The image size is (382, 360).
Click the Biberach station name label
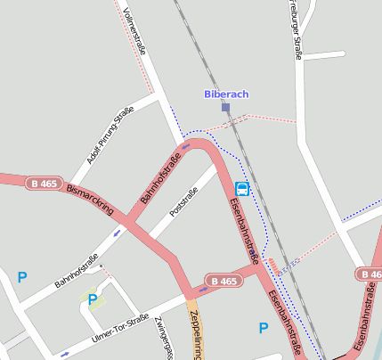click(226, 94)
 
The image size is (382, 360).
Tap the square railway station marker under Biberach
click(226, 107)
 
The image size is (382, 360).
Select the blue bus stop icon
click(242, 189)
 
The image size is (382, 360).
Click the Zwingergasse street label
click(161, 337)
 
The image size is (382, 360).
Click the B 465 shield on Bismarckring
click(45, 183)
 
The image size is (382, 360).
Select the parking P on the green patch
click(92, 299)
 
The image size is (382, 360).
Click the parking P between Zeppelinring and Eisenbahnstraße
click(263, 328)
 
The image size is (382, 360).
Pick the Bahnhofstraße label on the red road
click(161, 177)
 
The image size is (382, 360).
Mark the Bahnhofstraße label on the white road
click(76, 271)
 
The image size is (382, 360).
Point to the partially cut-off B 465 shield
click(370, 274)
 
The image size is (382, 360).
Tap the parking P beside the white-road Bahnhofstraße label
click(22, 277)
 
